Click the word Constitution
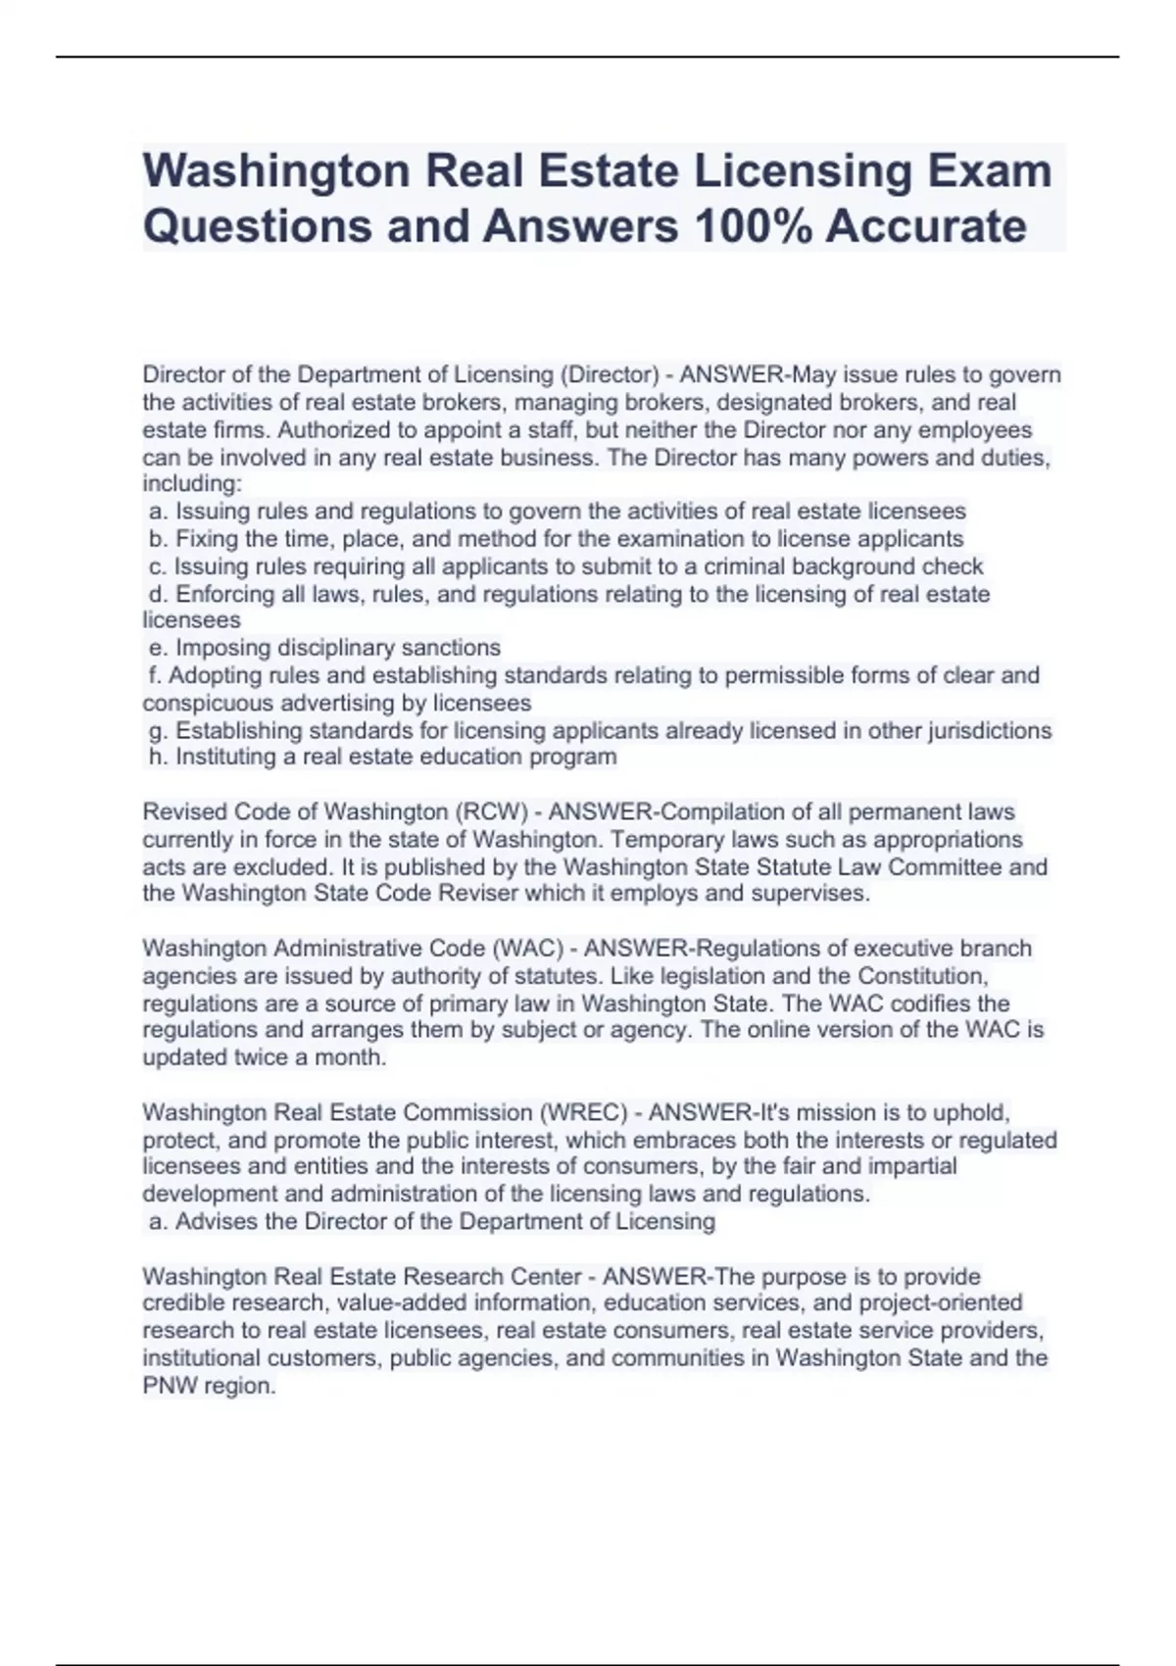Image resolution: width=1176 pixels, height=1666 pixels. point(922,976)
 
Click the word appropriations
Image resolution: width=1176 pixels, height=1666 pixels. point(948,840)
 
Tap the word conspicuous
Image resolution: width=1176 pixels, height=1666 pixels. point(208,703)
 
